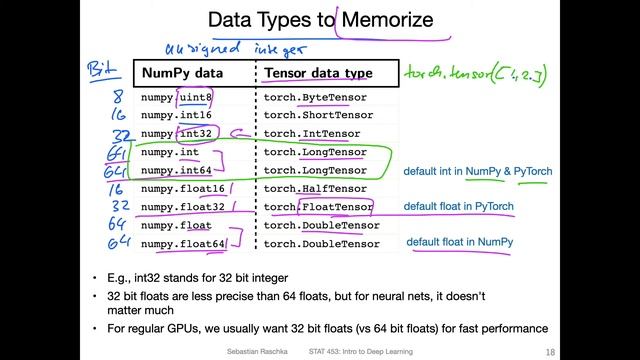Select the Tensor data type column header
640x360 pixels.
tap(317, 73)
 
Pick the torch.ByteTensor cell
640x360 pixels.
tap(315, 98)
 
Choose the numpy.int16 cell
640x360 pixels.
tap(178, 116)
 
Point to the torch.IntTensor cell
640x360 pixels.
tap(311, 134)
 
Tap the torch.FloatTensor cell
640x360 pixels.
tap(318, 207)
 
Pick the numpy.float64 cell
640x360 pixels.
tap(183, 243)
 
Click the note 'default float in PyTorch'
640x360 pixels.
tap(459, 207)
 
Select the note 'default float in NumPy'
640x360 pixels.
tap(460, 243)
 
